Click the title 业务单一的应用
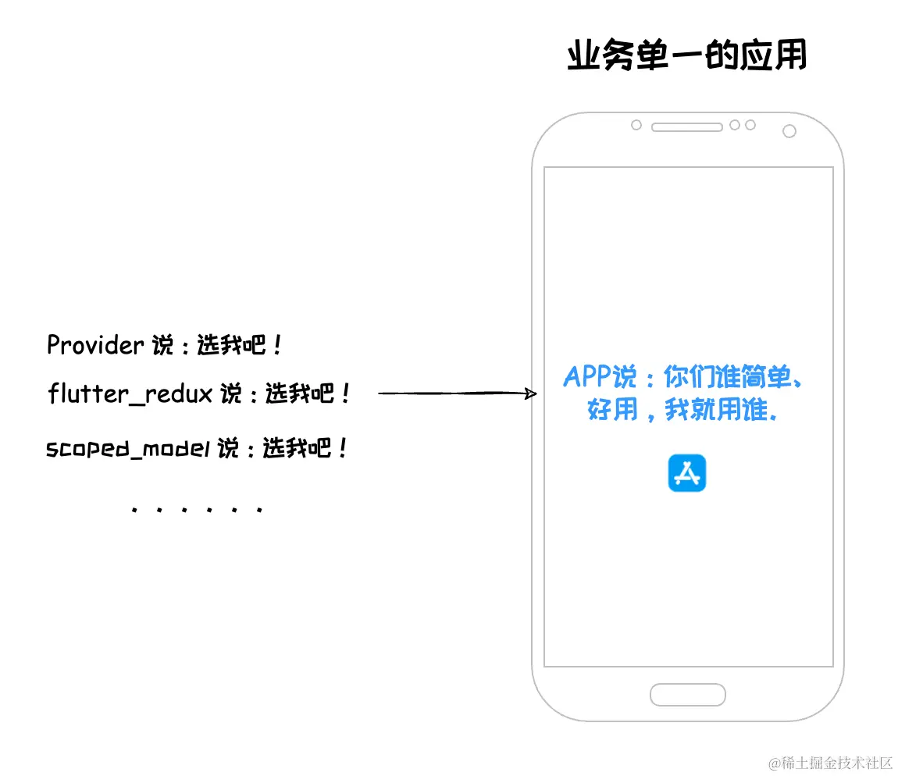pos(686,56)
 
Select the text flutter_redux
pos(130,393)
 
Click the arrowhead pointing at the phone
pos(531,393)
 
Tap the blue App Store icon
pos(687,473)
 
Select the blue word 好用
pos(613,409)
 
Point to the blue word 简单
pos(770,378)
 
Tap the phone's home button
pos(688,694)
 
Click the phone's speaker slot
pos(686,126)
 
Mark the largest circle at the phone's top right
pos(789,131)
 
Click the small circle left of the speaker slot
pos(636,125)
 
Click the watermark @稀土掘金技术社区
pos(830,762)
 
